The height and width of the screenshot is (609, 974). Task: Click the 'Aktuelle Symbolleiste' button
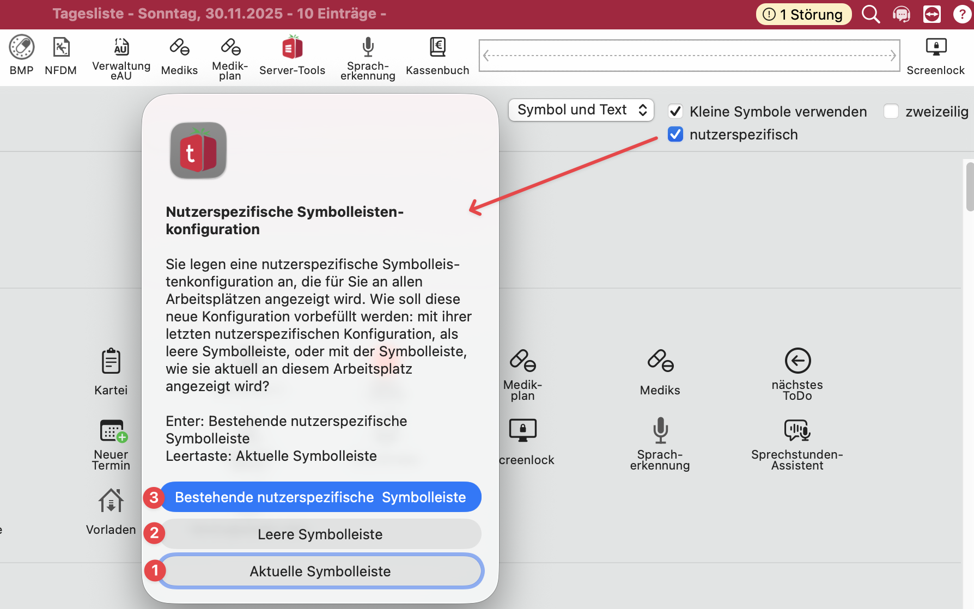320,571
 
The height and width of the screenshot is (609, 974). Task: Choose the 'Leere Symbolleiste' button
320,534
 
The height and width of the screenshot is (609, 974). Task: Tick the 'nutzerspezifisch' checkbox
675,134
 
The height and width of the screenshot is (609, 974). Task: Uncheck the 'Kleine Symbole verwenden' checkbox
675,111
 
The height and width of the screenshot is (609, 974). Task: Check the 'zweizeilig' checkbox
891,111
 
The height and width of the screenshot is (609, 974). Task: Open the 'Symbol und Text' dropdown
581,110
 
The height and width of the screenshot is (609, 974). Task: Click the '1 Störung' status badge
803,14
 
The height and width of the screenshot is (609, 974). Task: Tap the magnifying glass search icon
870,14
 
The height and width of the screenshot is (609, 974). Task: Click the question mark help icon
961,14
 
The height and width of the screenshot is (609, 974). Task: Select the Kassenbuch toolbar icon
437,47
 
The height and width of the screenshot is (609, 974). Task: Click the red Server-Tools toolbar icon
293,47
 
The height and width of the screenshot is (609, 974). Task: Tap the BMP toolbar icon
22,47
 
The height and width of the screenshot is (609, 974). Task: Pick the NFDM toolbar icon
61,47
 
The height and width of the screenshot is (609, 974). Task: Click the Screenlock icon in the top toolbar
936,47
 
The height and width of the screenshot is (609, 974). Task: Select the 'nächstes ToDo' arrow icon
798,361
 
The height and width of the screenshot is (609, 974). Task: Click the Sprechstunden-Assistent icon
798,430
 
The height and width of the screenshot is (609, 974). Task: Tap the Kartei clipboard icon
111,361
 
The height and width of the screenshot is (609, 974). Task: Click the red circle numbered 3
154,497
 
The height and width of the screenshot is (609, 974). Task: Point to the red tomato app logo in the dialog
198,151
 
